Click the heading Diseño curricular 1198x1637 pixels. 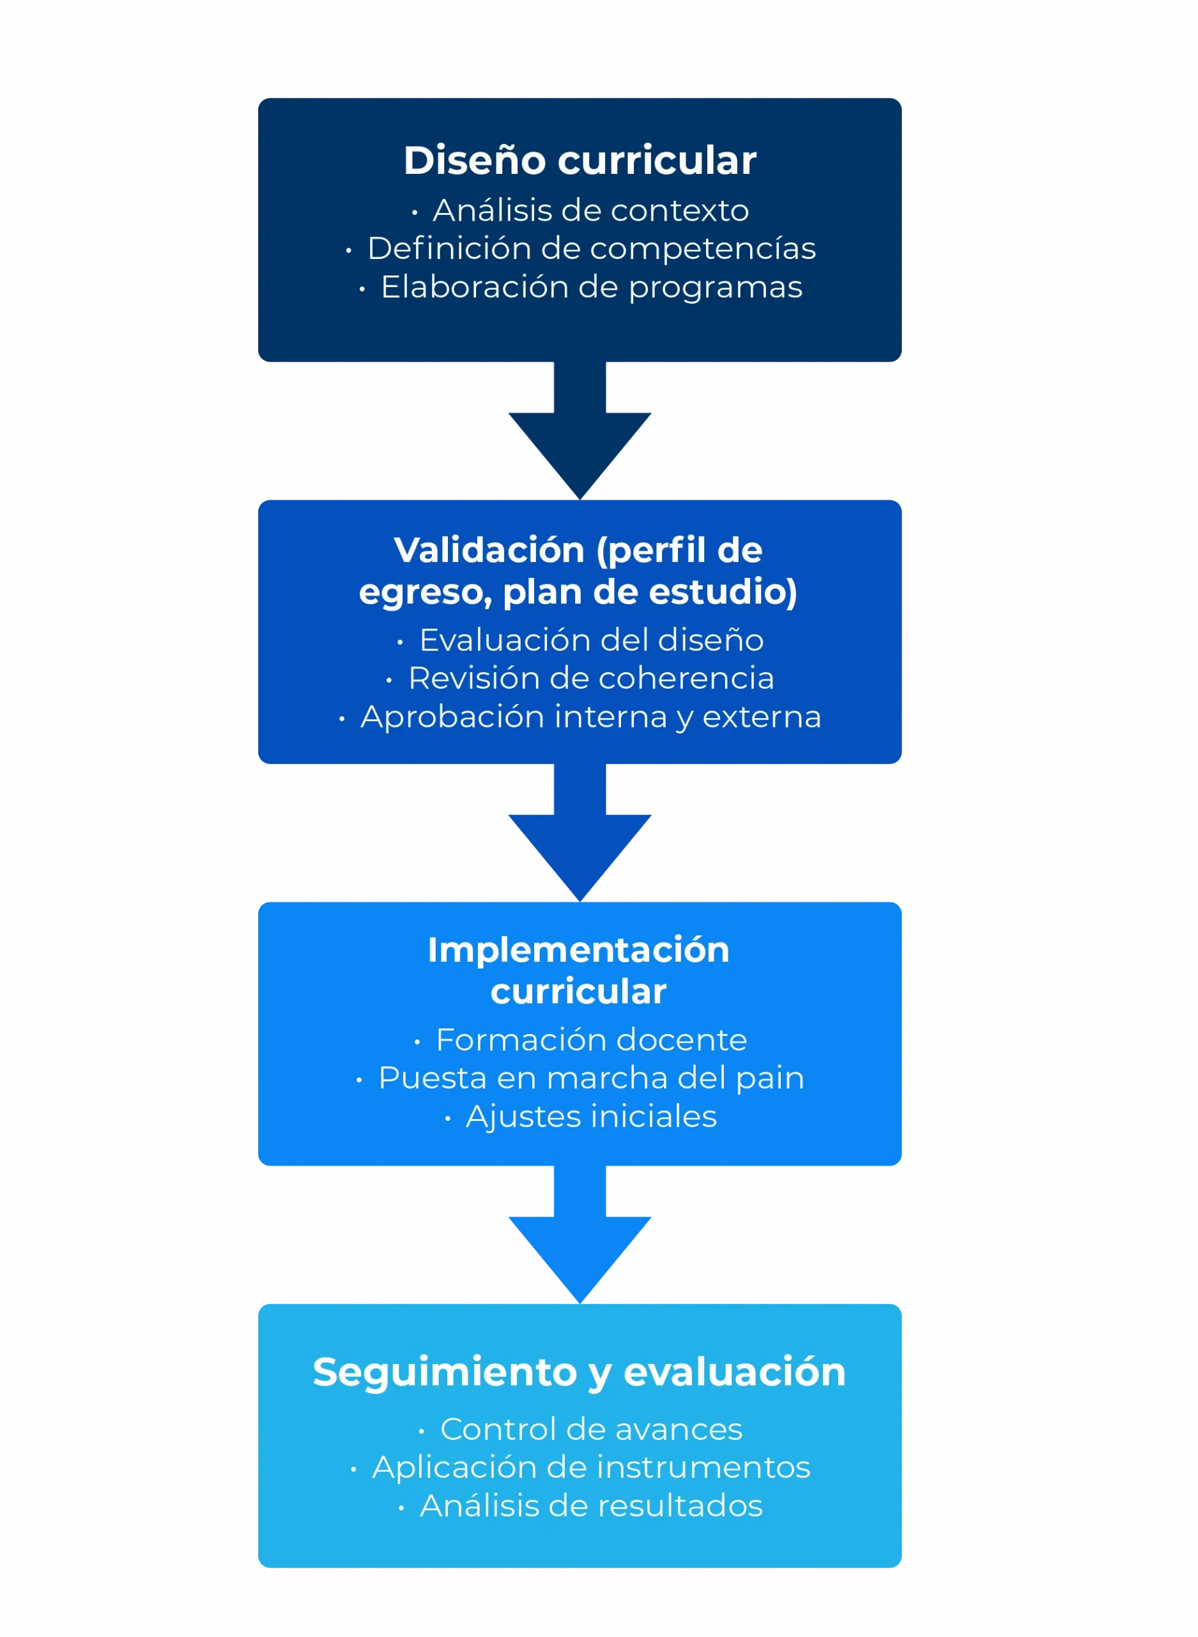click(x=580, y=161)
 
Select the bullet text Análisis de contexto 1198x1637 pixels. click(x=590, y=210)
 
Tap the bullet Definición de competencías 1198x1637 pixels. click(x=591, y=248)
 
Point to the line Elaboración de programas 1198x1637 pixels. click(x=591, y=286)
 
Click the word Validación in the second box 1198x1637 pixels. click(x=489, y=550)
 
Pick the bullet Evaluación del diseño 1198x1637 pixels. click(x=591, y=640)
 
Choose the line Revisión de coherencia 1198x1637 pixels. click(x=590, y=678)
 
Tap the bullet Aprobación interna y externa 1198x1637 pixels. click(x=590, y=716)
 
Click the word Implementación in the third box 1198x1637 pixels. click(x=578, y=950)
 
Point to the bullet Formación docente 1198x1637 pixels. click(x=591, y=1039)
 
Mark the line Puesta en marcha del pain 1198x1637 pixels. click(x=591, y=1077)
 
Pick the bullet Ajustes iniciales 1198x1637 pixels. click(x=591, y=1116)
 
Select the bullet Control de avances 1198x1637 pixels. click(x=591, y=1429)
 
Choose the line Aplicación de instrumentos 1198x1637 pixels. click(x=591, y=1466)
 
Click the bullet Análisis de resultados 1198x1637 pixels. click(x=591, y=1505)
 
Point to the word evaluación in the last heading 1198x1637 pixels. click(x=734, y=1372)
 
